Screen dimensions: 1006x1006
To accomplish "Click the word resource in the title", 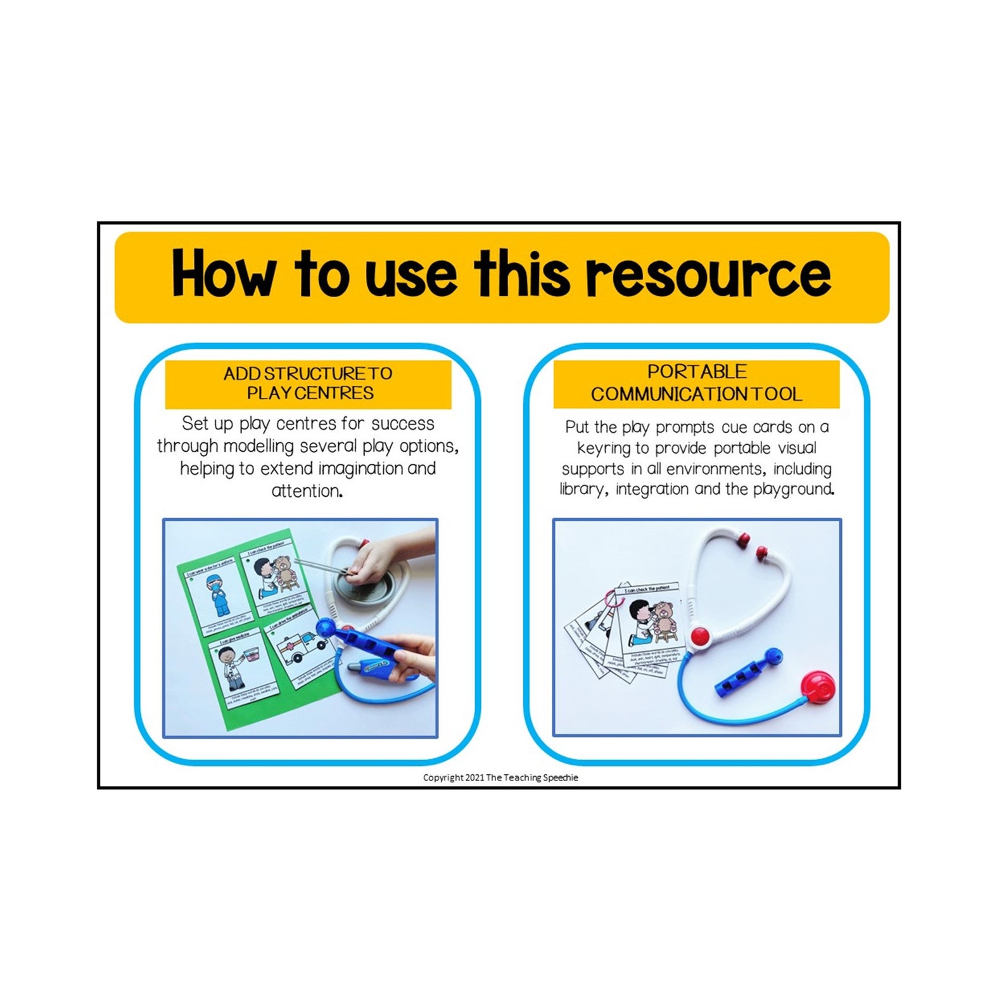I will point(707,274).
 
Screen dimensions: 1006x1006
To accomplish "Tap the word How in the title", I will point(223,274).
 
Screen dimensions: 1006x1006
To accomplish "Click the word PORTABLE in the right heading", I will point(696,372).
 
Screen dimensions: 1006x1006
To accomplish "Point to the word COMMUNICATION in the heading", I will point(668,394).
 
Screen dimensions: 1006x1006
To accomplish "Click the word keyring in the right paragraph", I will point(605,449).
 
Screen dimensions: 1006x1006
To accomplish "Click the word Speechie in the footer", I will point(560,777).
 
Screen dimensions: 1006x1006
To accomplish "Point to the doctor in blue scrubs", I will point(220,595).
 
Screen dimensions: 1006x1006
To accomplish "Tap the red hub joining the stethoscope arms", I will point(699,635).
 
